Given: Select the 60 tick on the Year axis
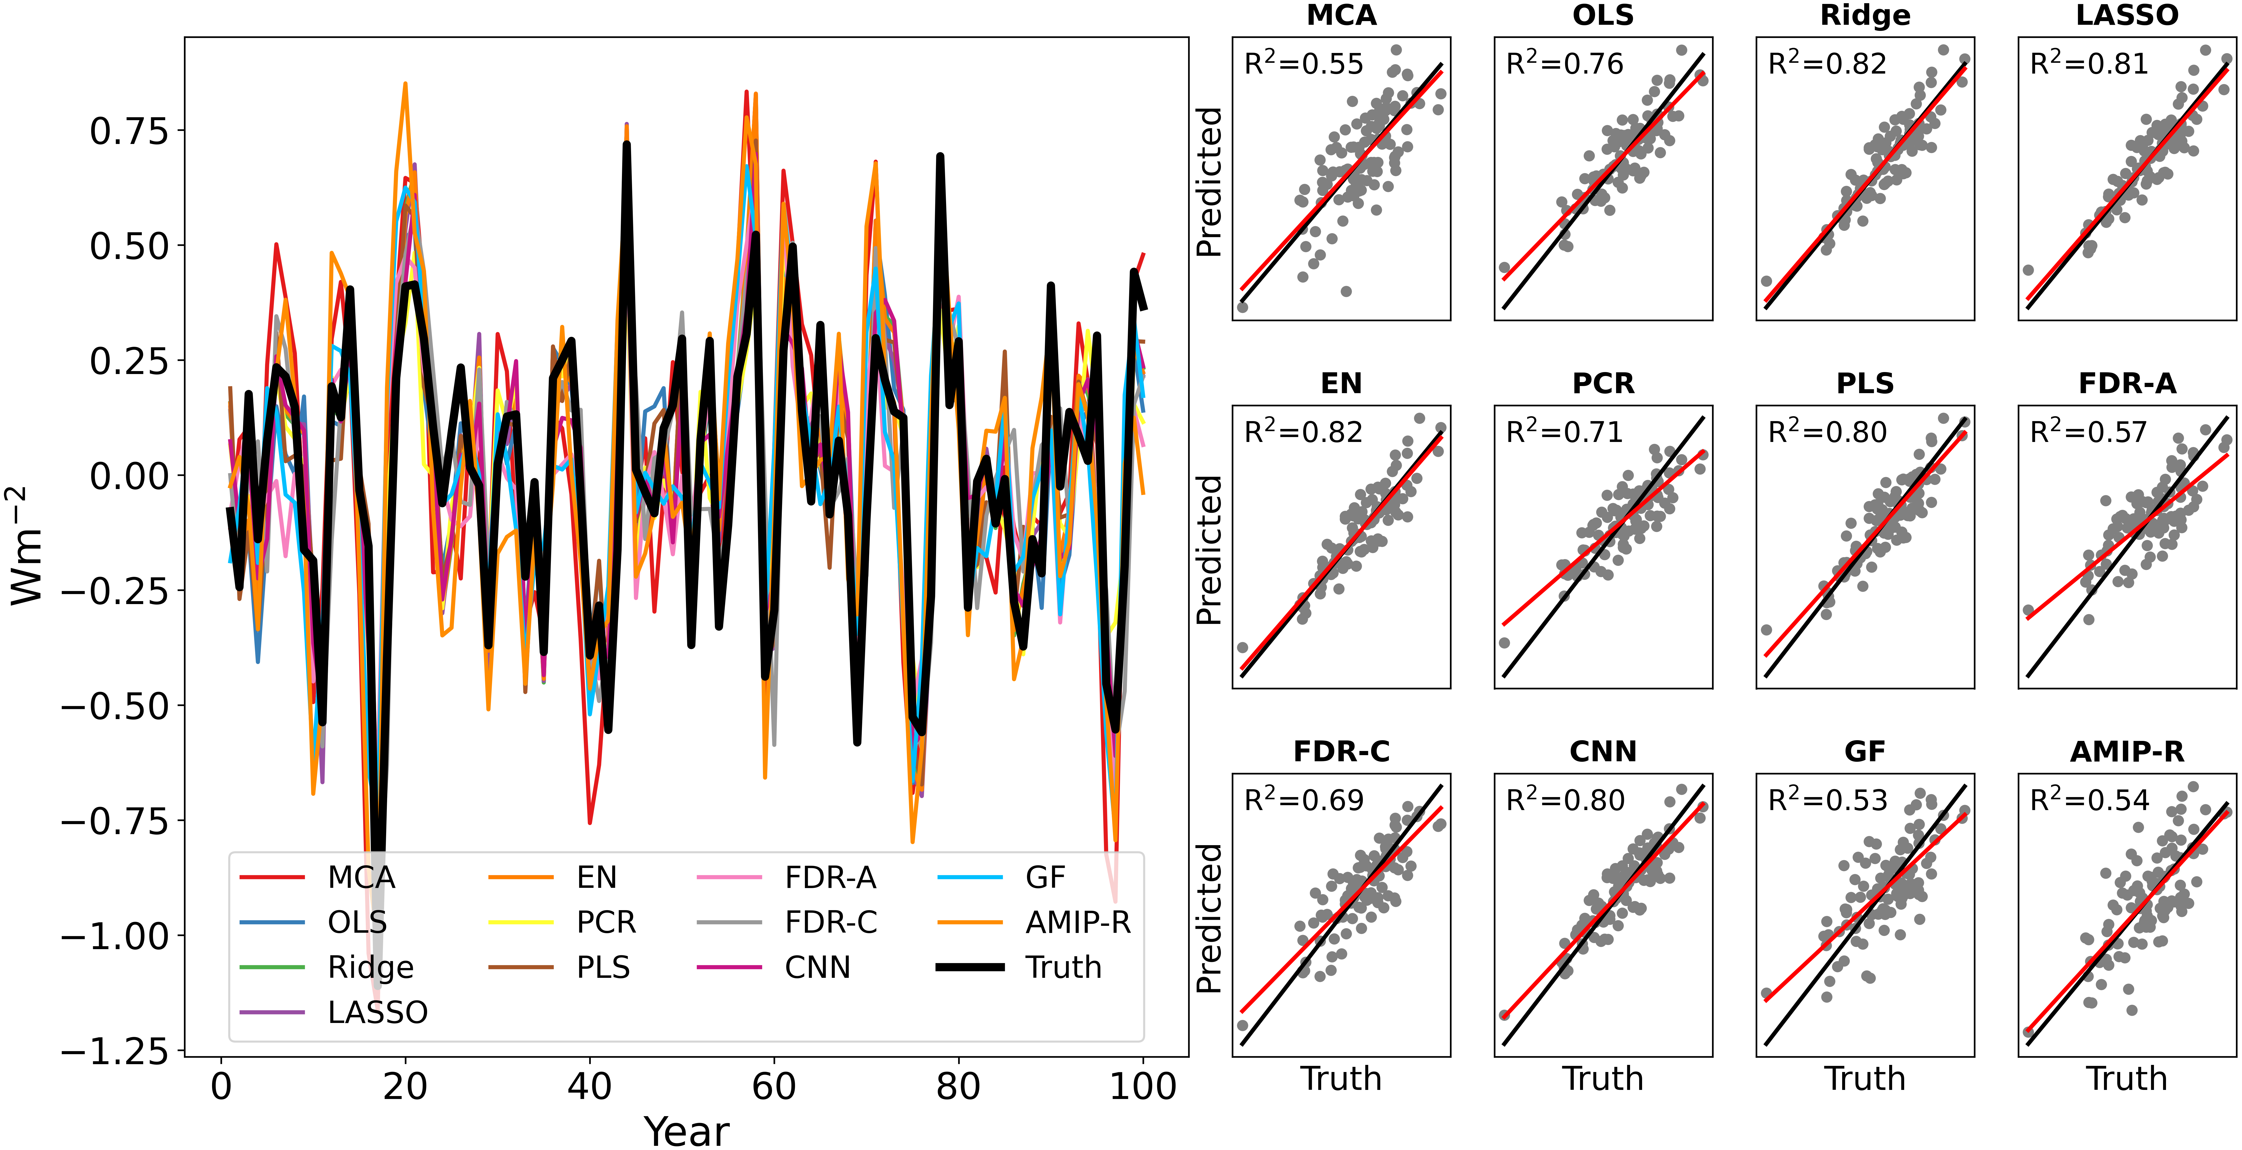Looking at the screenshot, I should pyautogui.click(x=774, y=1086).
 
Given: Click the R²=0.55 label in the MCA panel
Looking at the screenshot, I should pyautogui.click(x=1303, y=64).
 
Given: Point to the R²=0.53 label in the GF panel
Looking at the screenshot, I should pyautogui.click(x=1827, y=800).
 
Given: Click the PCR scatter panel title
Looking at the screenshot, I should pyautogui.click(x=1603, y=383).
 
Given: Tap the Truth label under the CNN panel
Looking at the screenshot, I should pyautogui.click(x=1603, y=1079).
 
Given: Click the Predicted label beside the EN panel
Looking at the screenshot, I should pyautogui.click(x=1209, y=550).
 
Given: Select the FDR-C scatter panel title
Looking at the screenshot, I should pyautogui.click(x=1341, y=751).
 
